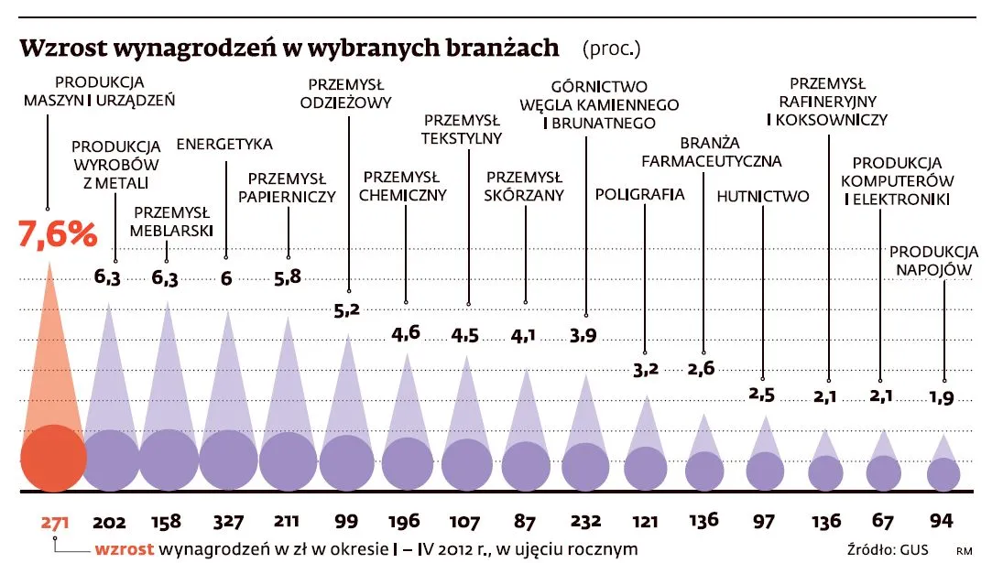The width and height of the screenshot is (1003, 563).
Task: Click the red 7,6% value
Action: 58,234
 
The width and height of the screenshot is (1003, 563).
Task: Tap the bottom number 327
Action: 228,523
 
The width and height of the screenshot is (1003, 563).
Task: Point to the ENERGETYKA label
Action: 224,144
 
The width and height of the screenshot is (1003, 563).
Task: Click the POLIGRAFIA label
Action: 640,194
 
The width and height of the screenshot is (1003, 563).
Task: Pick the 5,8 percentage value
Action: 287,276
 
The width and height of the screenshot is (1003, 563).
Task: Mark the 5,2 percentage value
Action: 347,310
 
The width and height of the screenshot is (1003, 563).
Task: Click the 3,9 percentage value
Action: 583,335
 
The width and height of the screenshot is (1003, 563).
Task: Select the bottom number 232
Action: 583,523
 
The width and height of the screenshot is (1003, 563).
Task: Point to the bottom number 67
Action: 883,523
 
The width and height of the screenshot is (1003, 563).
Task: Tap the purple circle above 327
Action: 228,459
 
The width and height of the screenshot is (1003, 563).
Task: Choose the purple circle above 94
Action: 943,473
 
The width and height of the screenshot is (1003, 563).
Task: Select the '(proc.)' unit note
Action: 611,48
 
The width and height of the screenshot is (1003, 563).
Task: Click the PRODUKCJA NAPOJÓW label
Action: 934,260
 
